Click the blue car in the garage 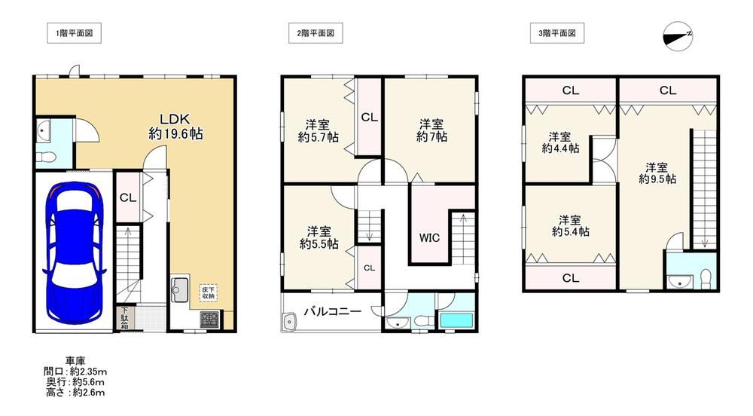pos(75,252)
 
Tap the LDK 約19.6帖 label pos(175,127)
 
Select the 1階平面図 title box pos(74,33)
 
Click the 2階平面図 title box pos(316,33)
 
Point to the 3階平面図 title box pos(557,33)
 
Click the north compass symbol pos(678,36)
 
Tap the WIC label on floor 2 pos(429,238)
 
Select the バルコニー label pos(332,311)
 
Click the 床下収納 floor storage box pos(209,293)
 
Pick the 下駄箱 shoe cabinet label pos(124,318)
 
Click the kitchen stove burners pos(209,320)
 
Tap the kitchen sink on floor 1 pos(180,289)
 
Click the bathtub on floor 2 pos(456,320)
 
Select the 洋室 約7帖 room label pos(431,130)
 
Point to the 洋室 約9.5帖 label pos(657,173)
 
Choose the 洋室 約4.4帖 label pos(560,142)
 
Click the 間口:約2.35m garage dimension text pos(75,372)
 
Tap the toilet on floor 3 pos(706,279)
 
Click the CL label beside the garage pos(128,197)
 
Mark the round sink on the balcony pos(289,321)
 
